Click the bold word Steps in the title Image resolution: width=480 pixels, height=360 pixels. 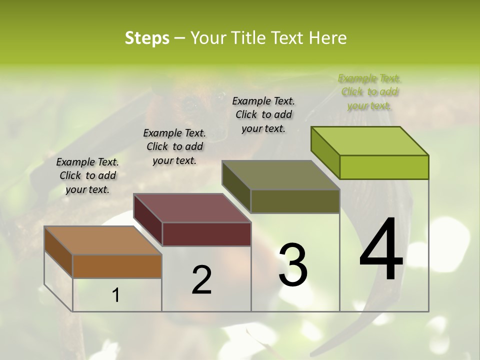pos(147,38)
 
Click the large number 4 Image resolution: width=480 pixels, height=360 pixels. pos(381,249)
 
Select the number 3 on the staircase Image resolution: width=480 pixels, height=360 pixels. pos(293,264)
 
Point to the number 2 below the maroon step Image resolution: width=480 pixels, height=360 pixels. pos(201,280)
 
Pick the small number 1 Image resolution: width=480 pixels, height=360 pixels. pos(116,295)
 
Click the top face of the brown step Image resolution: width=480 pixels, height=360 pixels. pos(103,240)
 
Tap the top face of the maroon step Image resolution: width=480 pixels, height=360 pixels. pos(192,207)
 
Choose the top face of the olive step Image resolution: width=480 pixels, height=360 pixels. pos(280,175)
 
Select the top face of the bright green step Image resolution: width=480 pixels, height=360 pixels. pos(369,141)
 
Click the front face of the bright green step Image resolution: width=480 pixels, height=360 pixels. pos(384,167)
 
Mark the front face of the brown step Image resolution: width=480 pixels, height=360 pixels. pos(117,266)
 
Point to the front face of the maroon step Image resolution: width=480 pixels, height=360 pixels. pos(206,234)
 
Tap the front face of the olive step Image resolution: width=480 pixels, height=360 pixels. pos(295,201)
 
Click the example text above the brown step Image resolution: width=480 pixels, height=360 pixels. pos(87,175)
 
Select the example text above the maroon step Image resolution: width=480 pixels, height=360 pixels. pos(174,146)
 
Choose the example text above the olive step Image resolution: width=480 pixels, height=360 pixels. pos(263,114)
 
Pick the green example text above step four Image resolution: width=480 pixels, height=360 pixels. pos(369,91)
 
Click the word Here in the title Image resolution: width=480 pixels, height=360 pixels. pos(328,38)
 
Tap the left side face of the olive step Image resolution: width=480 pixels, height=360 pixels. pos(236,186)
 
